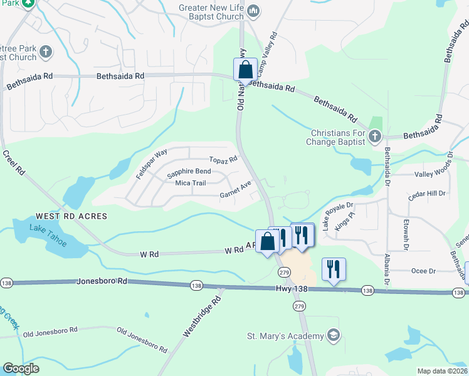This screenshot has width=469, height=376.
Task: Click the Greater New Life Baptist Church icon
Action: (x=253, y=11)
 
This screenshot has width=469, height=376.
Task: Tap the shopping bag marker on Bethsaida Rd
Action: (x=245, y=69)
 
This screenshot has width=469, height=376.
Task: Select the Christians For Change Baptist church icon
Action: (x=374, y=136)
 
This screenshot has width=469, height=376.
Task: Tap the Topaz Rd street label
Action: (x=223, y=160)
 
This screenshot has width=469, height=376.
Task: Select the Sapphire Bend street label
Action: (x=188, y=172)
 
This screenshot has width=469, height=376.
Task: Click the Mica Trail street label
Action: (x=191, y=183)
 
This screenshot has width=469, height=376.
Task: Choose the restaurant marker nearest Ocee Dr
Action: (x=333, y=269)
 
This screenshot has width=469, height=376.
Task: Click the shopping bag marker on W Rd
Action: (x=267, y=241)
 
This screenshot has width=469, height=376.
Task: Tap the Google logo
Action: (x=21, y=368)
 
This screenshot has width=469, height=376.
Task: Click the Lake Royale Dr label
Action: (x=339, y=215)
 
